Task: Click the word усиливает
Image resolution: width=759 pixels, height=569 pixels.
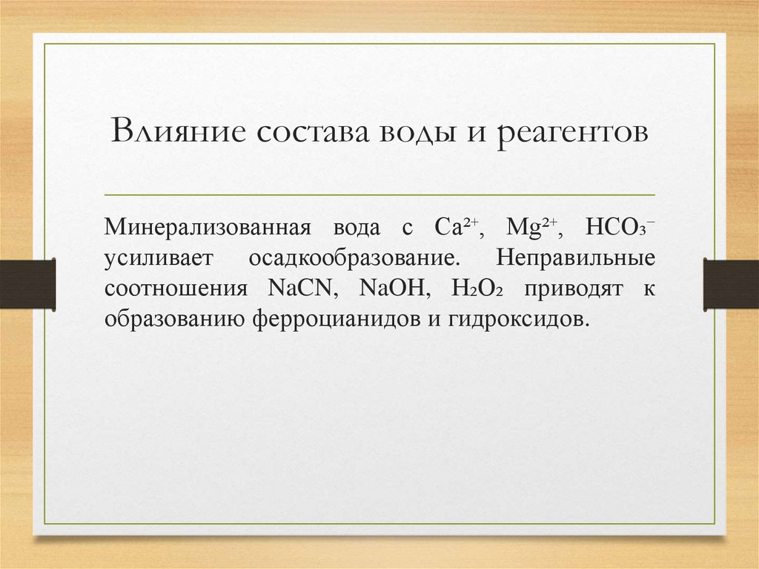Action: pyautogui.click(x=159, y=259)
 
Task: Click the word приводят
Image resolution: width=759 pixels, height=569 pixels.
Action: pyautogui.click(x=576, y=290)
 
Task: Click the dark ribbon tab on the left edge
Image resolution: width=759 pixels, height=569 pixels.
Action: pyautogui.click(x=28, y=284)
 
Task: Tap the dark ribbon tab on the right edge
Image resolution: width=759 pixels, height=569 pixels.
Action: pyautogui.click(x=731, y=284)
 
